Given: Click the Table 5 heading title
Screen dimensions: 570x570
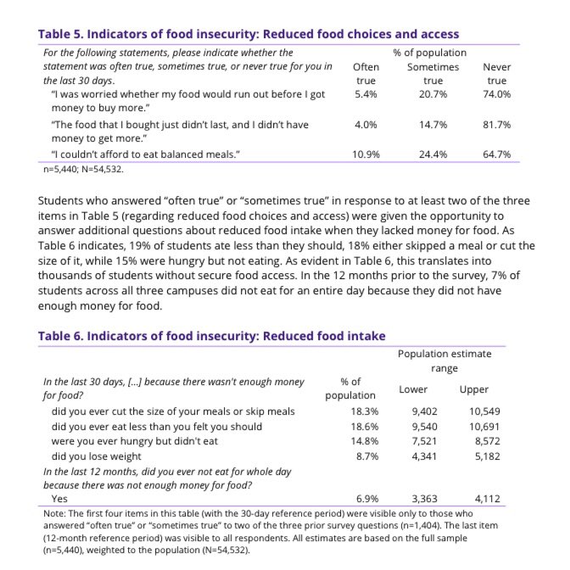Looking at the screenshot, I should click(249, 34).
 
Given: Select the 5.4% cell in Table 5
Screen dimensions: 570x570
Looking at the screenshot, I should click(366, 95).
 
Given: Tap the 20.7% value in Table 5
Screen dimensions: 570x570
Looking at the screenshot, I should click(432, 95).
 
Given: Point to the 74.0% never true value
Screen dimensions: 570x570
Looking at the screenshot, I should click(497, 95).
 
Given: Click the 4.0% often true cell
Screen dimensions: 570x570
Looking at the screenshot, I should click(366, 126).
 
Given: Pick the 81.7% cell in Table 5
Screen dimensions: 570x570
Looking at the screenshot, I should click(497, 126).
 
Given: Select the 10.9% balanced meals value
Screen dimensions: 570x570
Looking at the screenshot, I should click(366, 154).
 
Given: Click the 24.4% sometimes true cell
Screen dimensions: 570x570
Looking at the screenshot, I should click(432, 154).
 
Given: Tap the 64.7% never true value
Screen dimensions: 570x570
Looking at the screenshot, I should click(497, 154).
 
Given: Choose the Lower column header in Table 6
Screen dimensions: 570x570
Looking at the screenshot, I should click(413, 389).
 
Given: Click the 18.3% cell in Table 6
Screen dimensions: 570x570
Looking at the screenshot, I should click(350, 411).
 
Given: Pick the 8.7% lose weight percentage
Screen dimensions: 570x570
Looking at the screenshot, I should click(350, 456).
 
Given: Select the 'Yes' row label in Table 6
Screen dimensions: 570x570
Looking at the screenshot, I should click(60, 500).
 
